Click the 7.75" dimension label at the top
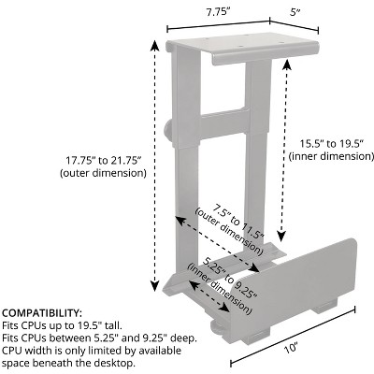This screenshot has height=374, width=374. click(x=218, y=12)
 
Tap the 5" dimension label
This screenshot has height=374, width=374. click(x=295, y=12)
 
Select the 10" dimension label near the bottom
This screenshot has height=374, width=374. click(x=291, y=348)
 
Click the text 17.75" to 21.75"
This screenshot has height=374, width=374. click(x=104, y=161)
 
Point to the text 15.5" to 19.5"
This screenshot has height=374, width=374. click(x=332, y=144)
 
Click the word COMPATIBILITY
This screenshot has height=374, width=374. click(x=42, y=312)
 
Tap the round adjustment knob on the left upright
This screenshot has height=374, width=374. click(x=167, y=131)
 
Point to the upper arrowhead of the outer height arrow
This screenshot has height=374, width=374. click(x=154, y=45)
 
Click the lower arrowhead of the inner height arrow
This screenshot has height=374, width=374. click(x=281, y=236)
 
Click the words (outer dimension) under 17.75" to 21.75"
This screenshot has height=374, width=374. click(x=103, y=173)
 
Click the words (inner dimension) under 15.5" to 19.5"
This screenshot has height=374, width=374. click(x=331, y=156)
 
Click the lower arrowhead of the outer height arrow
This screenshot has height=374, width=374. click(x=154, y=285)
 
